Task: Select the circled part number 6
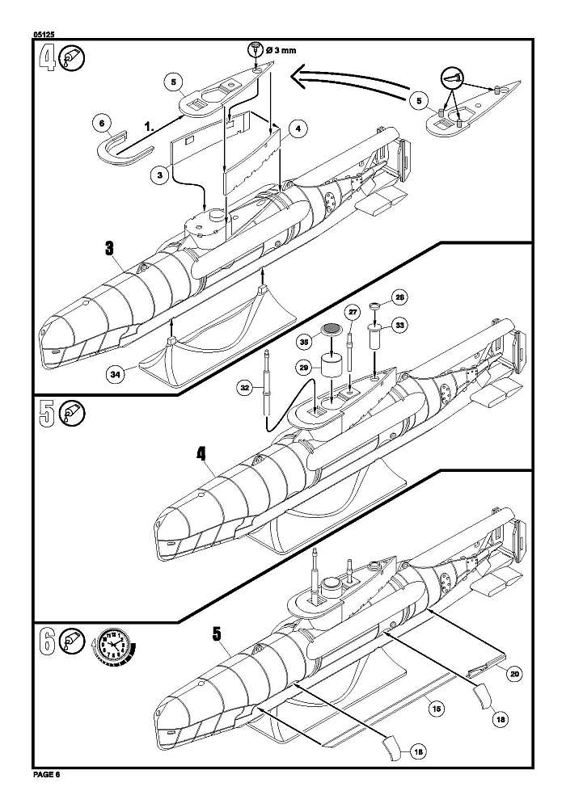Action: [102, 123]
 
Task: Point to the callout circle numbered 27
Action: [352, 312]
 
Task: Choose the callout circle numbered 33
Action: [400, 325]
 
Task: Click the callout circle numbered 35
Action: [305, 342]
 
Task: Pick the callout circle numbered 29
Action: [304, 368]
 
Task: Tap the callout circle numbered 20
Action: [514, 674]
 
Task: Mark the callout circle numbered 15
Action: [436, 709]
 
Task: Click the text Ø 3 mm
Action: [281, 50]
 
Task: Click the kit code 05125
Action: [44, 35]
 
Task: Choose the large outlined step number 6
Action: [47, 642]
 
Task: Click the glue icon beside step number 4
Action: [72, 57]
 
